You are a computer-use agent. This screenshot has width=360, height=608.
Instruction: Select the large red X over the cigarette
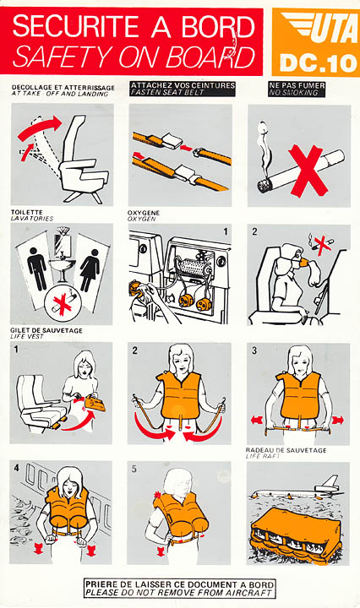308,171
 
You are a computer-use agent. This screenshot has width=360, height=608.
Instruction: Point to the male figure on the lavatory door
38,269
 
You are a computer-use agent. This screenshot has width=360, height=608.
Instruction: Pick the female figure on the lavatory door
90,270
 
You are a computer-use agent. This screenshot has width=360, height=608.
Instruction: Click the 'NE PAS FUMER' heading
297,85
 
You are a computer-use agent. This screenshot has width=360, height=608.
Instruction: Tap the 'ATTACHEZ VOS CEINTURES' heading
183,85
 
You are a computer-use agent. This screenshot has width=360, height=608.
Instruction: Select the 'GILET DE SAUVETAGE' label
46,330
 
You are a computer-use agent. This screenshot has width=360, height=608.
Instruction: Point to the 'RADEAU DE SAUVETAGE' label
286,450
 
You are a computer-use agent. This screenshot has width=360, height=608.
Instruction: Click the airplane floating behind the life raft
298,490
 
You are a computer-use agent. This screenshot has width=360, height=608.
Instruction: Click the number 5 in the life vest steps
134,470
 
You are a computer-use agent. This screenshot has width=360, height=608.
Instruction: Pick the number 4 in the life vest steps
16,469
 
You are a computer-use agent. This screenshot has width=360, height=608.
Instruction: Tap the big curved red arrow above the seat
40,128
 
